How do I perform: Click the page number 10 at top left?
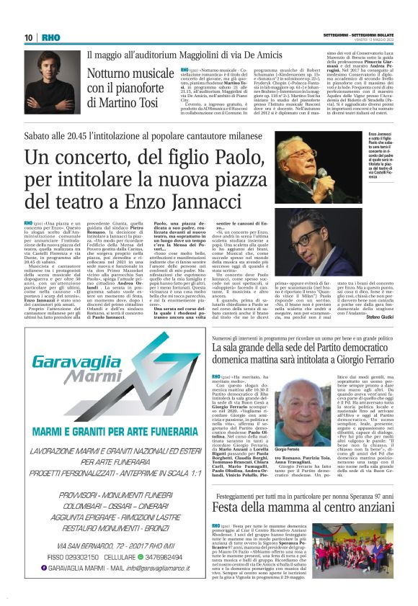tap(28, 37)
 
